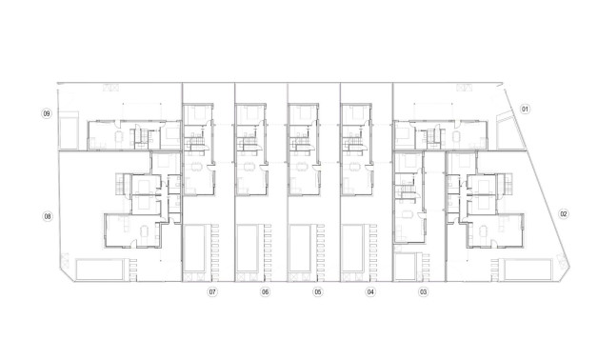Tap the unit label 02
point(564,213)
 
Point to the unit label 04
point(370,292)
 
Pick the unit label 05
point(317,292)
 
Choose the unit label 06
point(264,292)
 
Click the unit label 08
point(47,217)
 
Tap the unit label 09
point(46,114)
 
